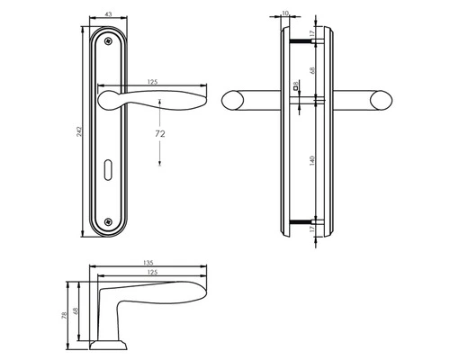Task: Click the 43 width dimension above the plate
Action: pyautogui.click(x=108, y=14)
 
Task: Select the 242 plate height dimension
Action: pyautogui.click(x=79, y=132)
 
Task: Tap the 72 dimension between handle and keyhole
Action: pyautogui.click(x=160, y=134)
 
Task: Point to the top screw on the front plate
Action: pyautogui.click(x=108, y=40)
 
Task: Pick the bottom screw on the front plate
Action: pyautogui.click(x=108, y=221)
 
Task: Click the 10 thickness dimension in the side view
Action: pyautogui.click(x=285, y=13)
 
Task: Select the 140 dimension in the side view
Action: pyautogui.click(x=312, y=160)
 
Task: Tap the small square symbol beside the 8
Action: pyautogui.click(x=295, y=88)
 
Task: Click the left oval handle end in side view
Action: pyautogui.click(x=232, y=100)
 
